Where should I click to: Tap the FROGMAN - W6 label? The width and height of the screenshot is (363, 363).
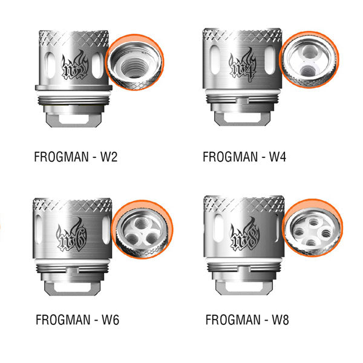point(77,319)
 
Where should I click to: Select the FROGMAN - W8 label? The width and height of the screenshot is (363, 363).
point(247,319)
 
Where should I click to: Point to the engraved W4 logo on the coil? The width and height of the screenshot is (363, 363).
point(242,65)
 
